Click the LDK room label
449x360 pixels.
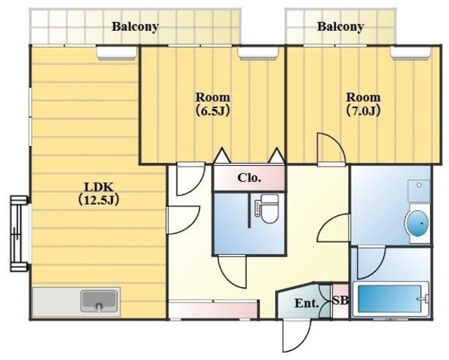coord(98,187)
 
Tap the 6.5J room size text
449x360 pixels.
coord(213,111)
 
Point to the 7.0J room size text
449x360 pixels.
coord(363,111)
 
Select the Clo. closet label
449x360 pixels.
coord(249,178)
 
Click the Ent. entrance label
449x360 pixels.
coord(307,303)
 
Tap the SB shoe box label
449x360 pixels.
coord(341,300)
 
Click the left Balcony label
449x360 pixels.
coord(135,27)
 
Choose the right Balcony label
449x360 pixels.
coord(340,27)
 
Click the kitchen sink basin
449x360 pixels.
coord(99,301)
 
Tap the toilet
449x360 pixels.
coord(267,209)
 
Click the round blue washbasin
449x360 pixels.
coord(417,223)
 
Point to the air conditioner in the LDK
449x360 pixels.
coord(116,53)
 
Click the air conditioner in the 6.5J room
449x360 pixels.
coord(258,53)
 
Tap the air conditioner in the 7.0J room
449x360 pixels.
coord(410,53)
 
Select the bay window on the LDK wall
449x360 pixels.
coord(20,234)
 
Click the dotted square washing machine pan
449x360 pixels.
coord(419,192)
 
